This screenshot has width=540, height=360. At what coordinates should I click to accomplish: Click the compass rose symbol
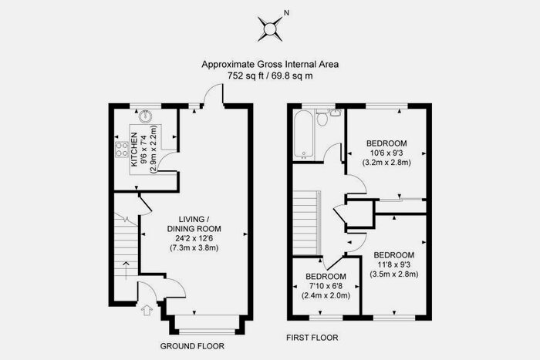270,29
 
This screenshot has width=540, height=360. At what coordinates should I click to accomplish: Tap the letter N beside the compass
286,13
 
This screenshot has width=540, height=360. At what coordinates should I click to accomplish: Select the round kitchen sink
145,116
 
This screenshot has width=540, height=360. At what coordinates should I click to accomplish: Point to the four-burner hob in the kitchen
121,150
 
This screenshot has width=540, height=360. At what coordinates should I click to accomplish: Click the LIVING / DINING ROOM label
194,224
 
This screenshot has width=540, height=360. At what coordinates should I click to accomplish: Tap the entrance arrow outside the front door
147,310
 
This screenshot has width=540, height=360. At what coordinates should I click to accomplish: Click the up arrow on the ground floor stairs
126,271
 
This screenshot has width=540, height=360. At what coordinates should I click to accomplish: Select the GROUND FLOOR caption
192,346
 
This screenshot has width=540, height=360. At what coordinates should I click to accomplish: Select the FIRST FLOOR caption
312,338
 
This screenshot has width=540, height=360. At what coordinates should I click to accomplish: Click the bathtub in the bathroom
303,135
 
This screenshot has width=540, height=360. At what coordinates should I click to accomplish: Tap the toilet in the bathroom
322,118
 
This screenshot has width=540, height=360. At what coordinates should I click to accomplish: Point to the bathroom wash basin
336,113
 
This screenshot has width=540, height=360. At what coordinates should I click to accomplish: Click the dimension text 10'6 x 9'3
386,153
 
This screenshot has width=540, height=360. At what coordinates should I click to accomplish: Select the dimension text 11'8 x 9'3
394,264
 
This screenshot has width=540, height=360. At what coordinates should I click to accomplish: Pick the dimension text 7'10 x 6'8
326,286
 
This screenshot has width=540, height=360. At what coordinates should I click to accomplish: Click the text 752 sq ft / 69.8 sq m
270,76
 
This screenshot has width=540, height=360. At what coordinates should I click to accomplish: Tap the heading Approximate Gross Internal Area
270,64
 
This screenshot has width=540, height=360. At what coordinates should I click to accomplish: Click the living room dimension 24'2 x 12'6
194,238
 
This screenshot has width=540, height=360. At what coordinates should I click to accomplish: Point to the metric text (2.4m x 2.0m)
326,295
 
